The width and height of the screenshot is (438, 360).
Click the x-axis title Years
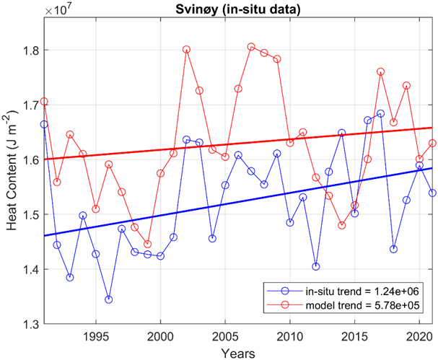click(237, 354)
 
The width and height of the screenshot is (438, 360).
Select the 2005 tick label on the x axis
click(225, 337)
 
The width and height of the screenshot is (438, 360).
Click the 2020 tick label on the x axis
click(419, 337)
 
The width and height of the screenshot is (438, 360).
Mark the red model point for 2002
click(186, 50)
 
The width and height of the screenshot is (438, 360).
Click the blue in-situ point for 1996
click(108, 299)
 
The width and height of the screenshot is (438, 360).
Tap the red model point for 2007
click(251, 47)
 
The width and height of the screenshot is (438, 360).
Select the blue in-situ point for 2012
click(315, 266)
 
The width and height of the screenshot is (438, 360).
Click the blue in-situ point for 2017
click(380, 113)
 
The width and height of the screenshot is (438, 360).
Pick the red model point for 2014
click(341, 225)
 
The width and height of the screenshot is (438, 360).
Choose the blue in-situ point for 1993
click(70, 277)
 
